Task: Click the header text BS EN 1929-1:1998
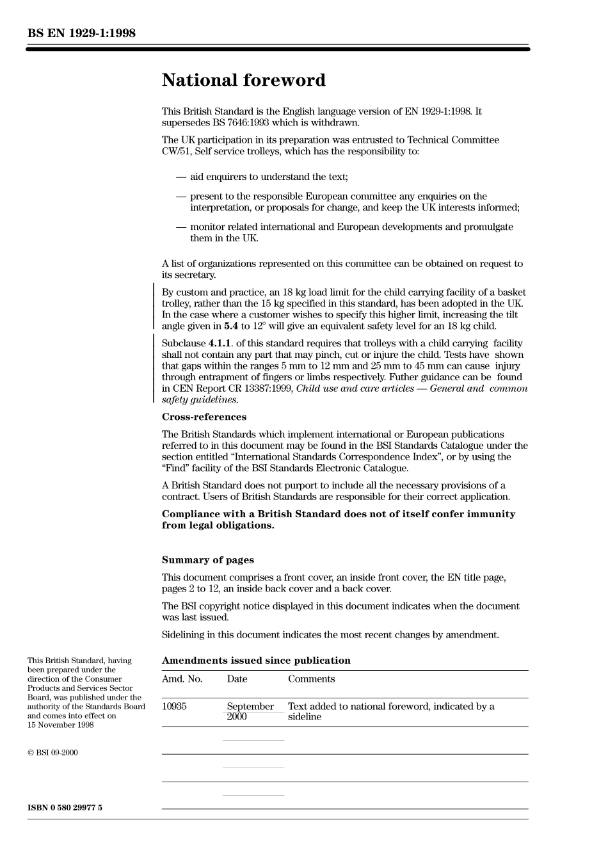(81, 33)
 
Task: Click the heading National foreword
(243, 81)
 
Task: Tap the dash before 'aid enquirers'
(181, 177)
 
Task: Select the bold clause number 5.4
(231, 326)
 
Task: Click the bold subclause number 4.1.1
(220, 344)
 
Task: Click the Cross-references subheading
(204, 417)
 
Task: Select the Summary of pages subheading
(207, 560)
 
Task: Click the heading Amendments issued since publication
(256, 661)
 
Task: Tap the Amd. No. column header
(182, 679)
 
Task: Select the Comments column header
(311, 679)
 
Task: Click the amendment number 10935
(174, 707)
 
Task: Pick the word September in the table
(250, 707)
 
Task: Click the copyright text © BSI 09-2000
(52, 753)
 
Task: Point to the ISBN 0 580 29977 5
(65, 808)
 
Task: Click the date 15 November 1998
(60, 725)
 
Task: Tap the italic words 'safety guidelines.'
(200, 400)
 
